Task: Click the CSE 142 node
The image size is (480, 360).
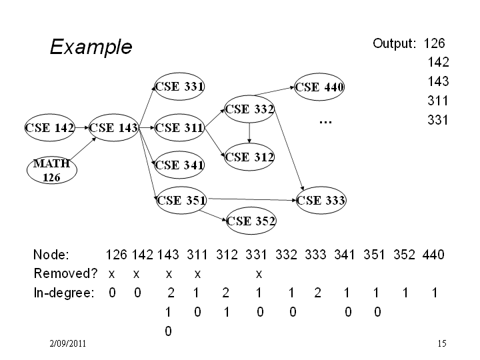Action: coord(49,127)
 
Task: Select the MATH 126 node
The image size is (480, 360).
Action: coord(52,170)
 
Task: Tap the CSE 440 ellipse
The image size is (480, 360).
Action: coord(319,87)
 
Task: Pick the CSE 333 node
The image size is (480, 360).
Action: coord(321,200)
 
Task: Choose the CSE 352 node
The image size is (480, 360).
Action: coord(251,221)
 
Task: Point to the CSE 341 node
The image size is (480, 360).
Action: coord(179,165)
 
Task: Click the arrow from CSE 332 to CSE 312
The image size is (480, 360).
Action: coord(249,133)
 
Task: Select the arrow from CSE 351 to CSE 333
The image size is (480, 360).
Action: coord(252,199)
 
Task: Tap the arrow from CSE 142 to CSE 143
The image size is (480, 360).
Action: coord(82,127)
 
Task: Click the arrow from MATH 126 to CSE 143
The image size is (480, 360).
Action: coord(83,149)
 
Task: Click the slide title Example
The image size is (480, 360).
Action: coord(91,47)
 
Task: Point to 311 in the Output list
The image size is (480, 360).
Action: coord(438,101)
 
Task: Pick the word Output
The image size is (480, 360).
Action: coord(394,43)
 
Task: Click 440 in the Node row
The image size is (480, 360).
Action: coord(433,255)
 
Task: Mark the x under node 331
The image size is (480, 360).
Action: coord(259,274)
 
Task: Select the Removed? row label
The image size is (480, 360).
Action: coord(65,273)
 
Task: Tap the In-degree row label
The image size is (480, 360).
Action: coord(64,293)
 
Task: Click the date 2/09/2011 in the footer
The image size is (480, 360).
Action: coord(67,343)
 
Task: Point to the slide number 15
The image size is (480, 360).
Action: coord(442,343)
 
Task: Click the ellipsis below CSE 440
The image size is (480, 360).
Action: coord(325,122)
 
